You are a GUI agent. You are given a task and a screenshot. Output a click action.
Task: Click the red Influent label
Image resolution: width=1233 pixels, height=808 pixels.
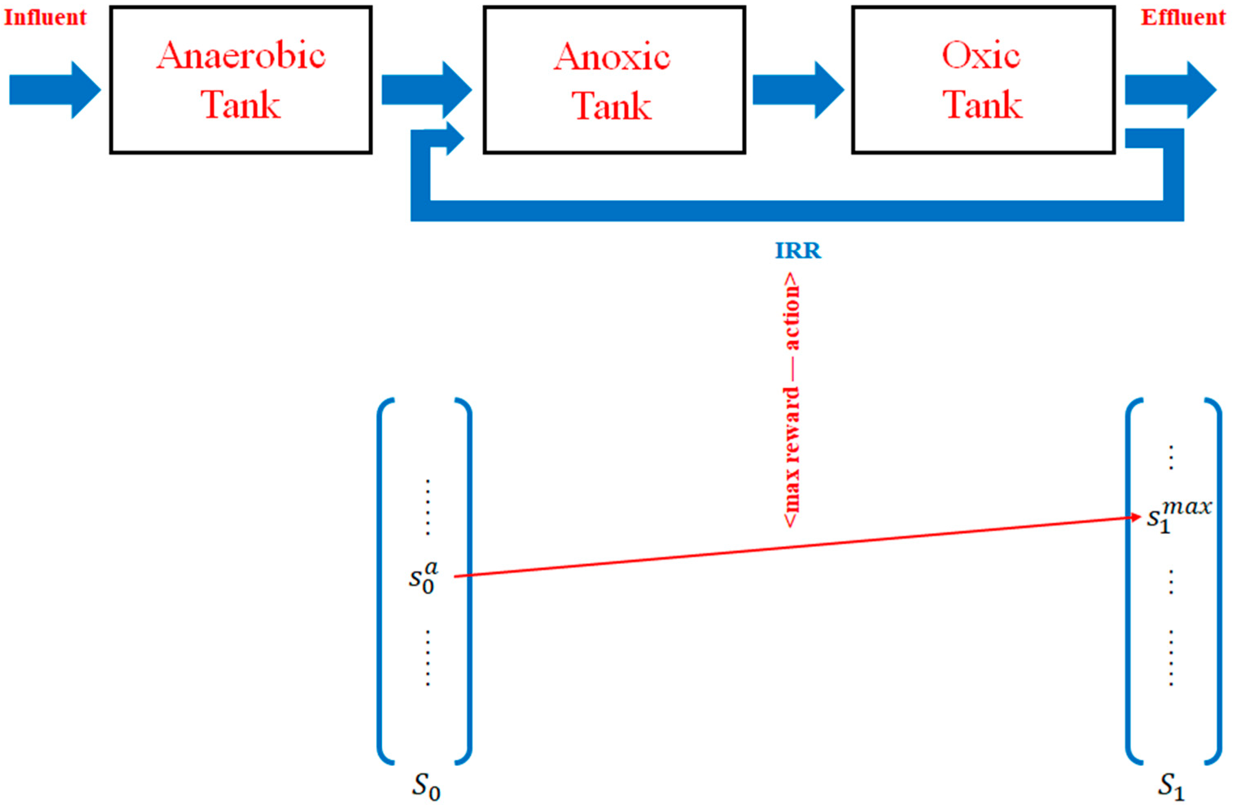[45, 17]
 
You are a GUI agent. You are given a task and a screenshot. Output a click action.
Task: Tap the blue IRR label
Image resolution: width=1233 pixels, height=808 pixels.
[798, 251]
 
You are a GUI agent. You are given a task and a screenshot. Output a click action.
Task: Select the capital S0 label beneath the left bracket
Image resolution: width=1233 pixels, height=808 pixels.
[426, 787]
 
